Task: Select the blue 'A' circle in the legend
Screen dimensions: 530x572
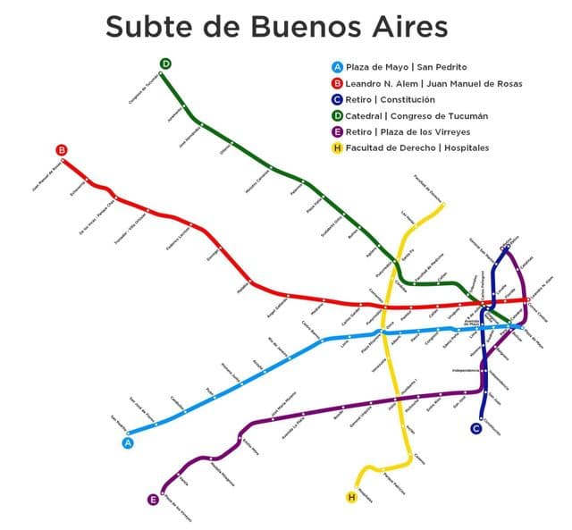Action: [x=337, y=67]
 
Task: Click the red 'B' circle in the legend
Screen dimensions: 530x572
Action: [x=337, y=83]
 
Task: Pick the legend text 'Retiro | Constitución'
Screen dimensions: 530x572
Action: [x=391, y=99]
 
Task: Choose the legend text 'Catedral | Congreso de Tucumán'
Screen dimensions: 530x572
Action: [x=416, y=115]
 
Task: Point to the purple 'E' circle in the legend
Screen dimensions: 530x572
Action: [x=337, y=131]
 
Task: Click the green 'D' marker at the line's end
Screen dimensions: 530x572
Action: [x=165, y=63]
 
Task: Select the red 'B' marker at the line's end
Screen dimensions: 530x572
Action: [x=62, y=150]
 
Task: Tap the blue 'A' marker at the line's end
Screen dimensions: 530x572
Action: [x=128, y=442]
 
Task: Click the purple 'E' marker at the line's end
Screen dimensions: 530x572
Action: [x=153, y=500]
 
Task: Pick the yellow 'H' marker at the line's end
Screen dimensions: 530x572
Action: [x=351, y=497]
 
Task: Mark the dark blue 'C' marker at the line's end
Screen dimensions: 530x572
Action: [x=476, y=428]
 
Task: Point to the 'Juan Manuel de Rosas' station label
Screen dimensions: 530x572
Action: [x=47, y=175]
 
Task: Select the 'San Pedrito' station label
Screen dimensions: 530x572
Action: [x=118, y=423]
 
